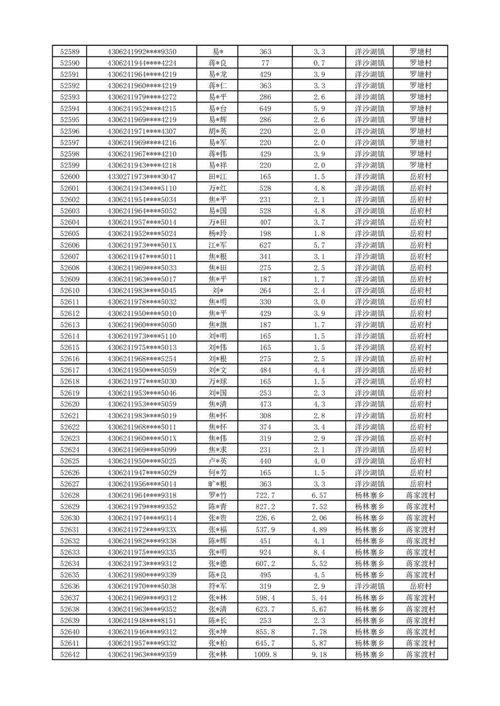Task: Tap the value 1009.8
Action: click(x=265, y=654)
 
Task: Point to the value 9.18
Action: click(x=319, y=654)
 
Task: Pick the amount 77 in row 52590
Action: click(x=265, y=63)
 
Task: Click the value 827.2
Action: click(x=265, y=507)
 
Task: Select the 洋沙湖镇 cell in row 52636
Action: click(x=370, y=586)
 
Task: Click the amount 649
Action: click(x=265, y=108)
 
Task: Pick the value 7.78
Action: click(x=319, y=632)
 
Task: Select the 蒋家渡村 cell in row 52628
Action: click(x=421, y=495)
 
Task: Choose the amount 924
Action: click(x=265, y=552)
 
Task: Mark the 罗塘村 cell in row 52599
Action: click(x=421, y=165)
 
